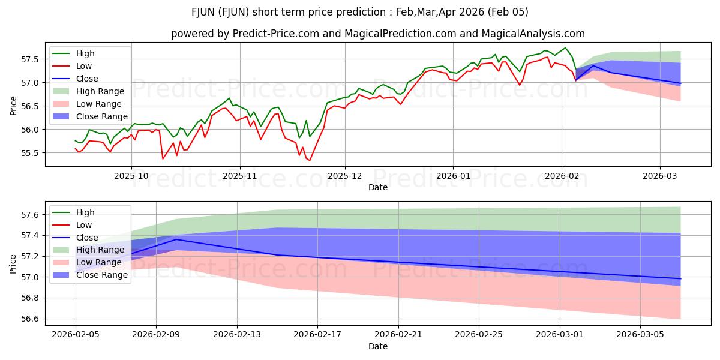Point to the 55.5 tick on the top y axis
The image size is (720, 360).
[31, 153]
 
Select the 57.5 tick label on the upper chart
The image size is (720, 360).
[31, 59]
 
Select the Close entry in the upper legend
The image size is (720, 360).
[87, 79]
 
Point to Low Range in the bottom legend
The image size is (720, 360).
[99, 262]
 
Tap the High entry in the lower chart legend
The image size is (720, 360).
[85, 212]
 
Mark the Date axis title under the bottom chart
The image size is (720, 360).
[378, 346]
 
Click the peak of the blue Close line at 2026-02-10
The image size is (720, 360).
[176, 239]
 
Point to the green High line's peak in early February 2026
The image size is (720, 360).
[565, 48]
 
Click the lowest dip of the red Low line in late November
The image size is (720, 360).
[310, 160]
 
